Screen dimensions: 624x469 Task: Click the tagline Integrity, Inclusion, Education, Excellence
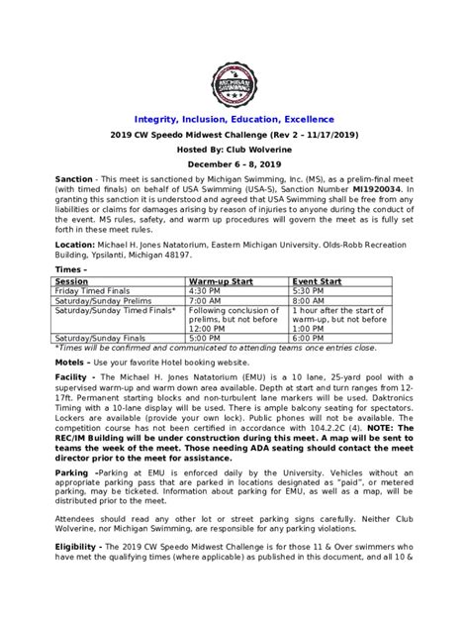[234, 119]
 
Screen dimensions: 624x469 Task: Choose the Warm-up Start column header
[224, 280]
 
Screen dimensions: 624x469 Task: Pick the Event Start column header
[317, 280]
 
